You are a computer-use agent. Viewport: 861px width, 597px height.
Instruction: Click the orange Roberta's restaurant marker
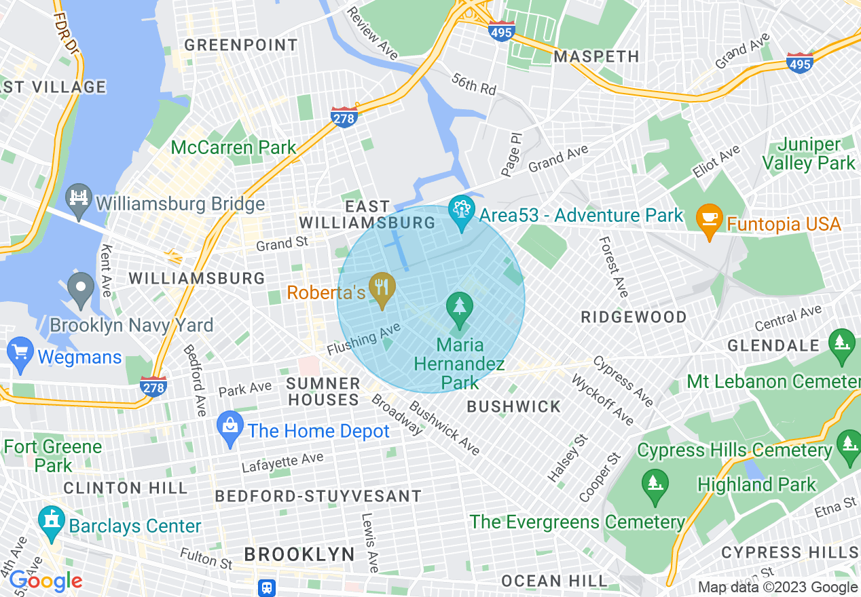point(382,290)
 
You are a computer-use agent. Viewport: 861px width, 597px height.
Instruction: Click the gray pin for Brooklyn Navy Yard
point(81,290)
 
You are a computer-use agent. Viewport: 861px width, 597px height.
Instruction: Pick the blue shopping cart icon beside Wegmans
point(20,353)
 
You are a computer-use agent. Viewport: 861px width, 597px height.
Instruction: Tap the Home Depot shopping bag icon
point(230,428)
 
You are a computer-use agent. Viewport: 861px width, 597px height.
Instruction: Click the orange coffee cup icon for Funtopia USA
point(710,220)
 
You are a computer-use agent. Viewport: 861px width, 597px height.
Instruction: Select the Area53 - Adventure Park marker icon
point(462,212)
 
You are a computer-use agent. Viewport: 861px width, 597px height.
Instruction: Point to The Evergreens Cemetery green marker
point(655,486)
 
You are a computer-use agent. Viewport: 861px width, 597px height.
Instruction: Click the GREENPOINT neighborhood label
point(241,45)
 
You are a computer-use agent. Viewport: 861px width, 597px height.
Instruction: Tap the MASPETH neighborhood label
point(596,56)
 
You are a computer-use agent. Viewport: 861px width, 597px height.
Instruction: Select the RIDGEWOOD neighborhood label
point(634,317)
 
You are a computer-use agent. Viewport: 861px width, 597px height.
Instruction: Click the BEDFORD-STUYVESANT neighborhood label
point(318,497)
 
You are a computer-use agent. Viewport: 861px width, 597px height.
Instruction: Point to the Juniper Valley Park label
point(808,154)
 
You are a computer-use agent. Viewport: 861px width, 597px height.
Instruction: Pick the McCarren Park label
point(234,147)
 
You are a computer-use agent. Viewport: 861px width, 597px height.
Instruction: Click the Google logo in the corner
point(45,581)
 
